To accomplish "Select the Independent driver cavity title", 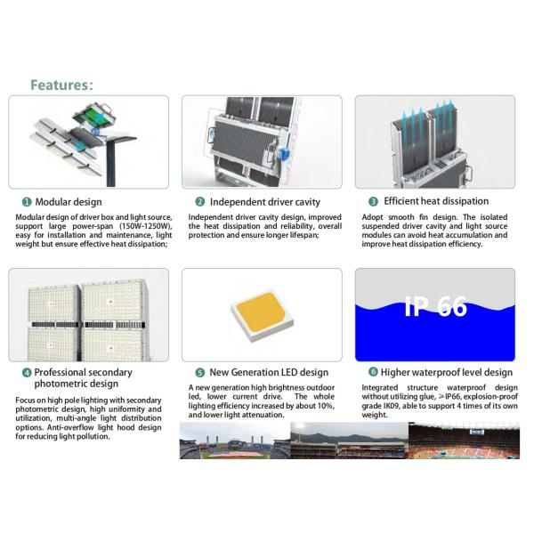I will [x=264, y=202].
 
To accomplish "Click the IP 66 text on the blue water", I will [x=435, y=307].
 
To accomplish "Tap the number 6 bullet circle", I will [x=373, y=372].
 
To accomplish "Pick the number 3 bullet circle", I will [x=373, y=202].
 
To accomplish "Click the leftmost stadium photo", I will [x=234, y=441].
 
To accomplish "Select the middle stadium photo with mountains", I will [x=349, y=441].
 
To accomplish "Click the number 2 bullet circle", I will [x=200, y=202].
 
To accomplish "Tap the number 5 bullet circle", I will [x=200, y=372].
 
